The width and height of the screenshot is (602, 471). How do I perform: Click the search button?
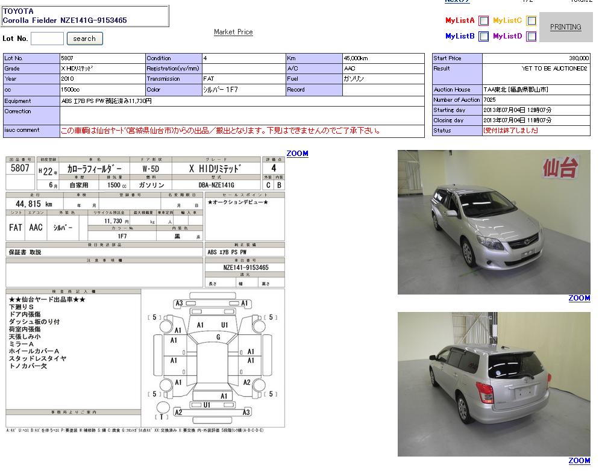click(84, 39)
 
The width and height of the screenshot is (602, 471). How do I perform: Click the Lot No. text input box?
click(47, 39)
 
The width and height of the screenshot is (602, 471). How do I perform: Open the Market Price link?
click(233, 32)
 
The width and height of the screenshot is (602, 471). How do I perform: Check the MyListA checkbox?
click(484, 20)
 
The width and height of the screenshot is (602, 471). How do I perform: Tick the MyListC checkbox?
click(531, 20)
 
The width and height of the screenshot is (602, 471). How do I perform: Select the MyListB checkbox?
click(484, 36)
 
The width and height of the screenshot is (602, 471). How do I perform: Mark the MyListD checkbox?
click(531, 36)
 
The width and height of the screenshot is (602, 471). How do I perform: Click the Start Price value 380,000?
click(578, 58)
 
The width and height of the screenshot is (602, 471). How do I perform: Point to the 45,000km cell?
click(356, 58)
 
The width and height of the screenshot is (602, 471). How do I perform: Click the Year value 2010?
click(67, 79)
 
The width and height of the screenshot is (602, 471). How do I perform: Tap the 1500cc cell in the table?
click(70, 90)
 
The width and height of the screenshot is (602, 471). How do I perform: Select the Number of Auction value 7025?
click(489, 100)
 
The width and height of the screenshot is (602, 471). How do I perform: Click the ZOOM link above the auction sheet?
click(297, 154)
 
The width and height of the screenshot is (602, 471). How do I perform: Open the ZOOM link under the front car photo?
click(579, 298)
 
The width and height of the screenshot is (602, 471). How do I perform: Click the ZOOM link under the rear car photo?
click(579, 461)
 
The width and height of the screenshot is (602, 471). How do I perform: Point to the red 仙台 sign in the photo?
click(560, 167)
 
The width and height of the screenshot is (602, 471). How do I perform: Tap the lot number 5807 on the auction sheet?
click(20, 169)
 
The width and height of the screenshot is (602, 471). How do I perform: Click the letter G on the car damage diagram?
click(218, 337)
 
